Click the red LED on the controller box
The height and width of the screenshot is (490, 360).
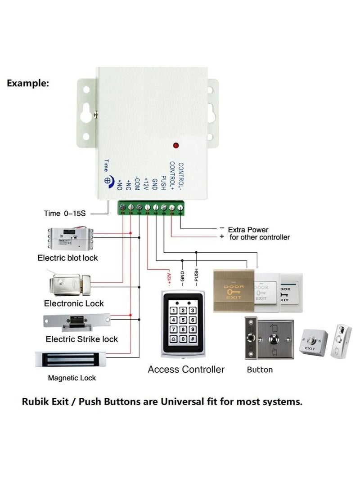tap(176, 146)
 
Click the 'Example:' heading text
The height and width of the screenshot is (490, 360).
tap(28, 83)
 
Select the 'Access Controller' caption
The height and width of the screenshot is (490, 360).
tap(186, 370)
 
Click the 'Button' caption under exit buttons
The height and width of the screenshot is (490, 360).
tap(260, 370)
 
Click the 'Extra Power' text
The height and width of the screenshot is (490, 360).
tap(248, 229)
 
